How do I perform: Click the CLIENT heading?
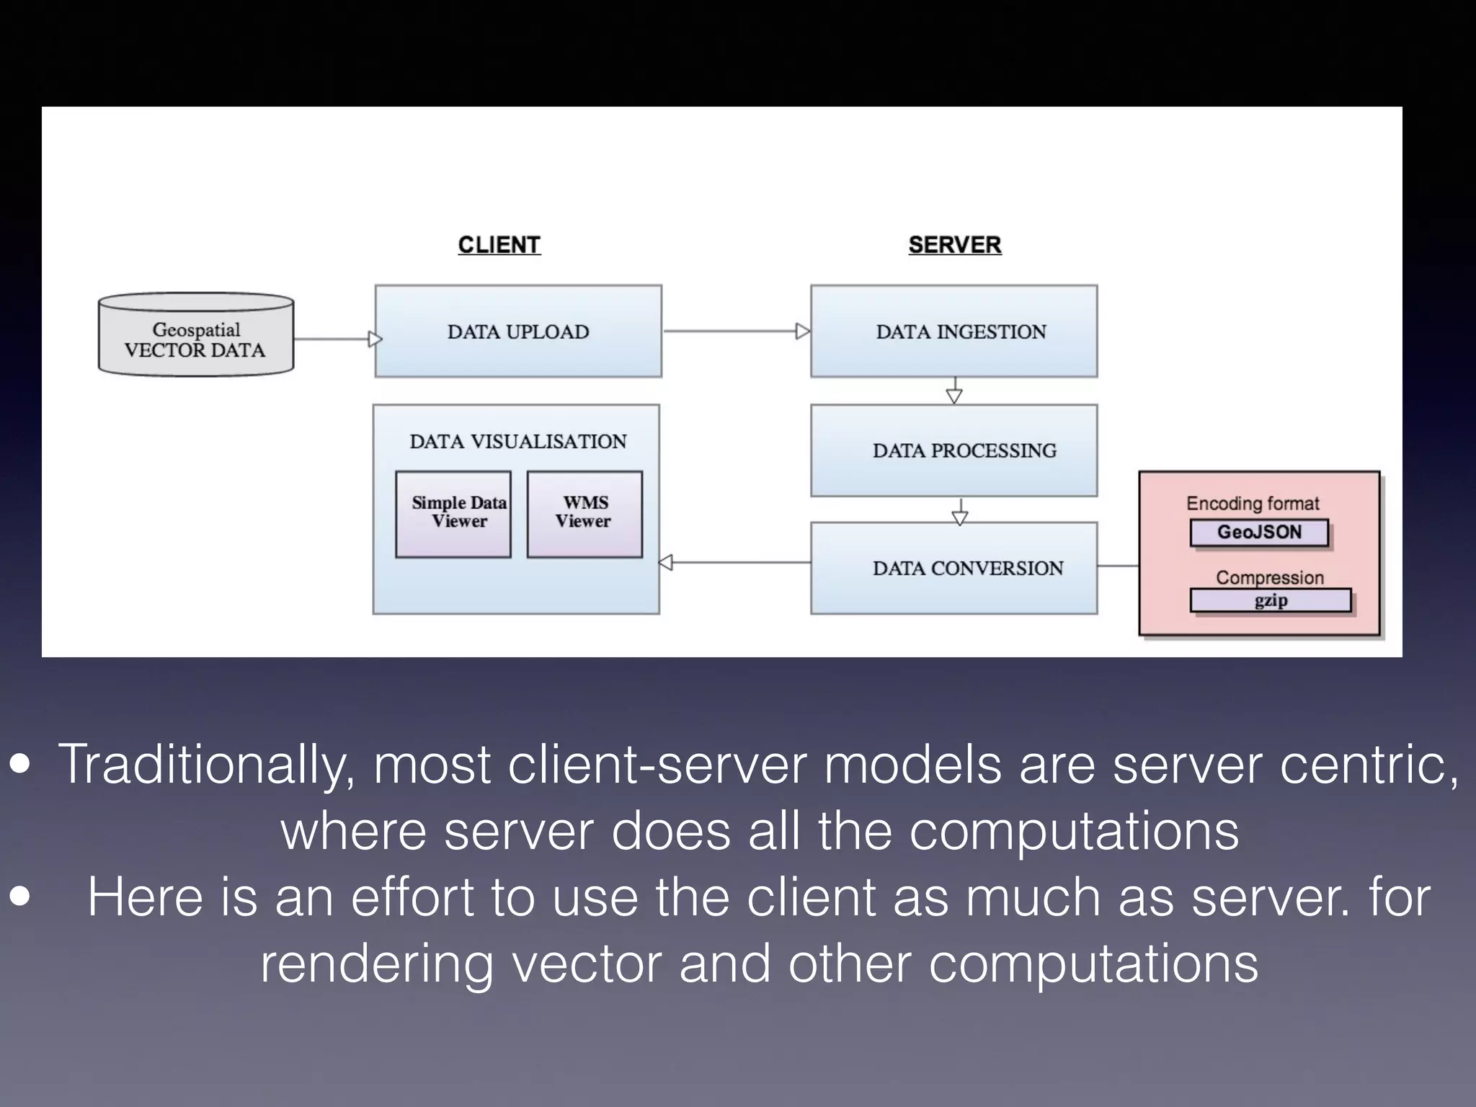(499, 245)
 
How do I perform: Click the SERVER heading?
(954, 245)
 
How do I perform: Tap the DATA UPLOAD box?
(517, 332)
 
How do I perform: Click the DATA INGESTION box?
(953, 332)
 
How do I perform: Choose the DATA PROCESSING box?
(953, 450)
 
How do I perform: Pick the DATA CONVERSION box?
(953, 569)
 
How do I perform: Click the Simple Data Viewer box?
(453, 514)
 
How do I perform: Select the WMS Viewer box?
(584, 514)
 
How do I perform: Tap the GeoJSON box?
(1259, 533)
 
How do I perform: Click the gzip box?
(1270, 600)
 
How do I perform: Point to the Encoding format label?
(1253, 503)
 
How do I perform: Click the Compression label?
(1270, 577)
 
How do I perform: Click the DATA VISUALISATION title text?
(517, 441)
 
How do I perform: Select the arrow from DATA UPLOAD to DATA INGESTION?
(735, 332)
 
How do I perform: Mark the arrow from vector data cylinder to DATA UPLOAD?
(335, 339)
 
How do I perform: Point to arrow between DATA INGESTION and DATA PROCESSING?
(954, 391)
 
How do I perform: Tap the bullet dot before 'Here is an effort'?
(20, 897)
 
